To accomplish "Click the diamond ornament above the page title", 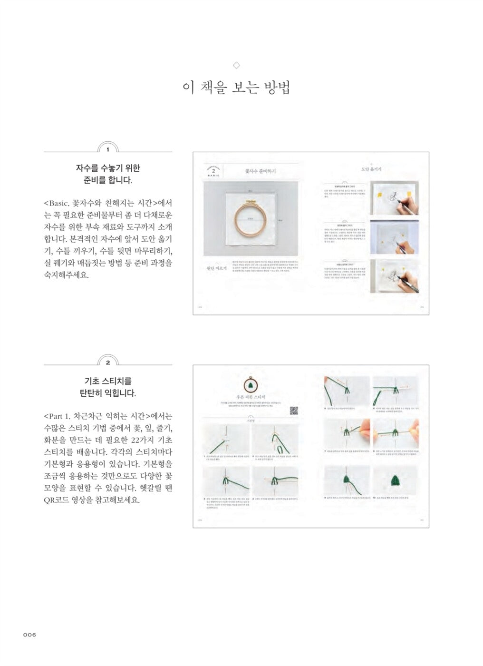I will (236, 65).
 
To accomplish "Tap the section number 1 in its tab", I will (108, 149).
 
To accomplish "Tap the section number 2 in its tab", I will (108, 362).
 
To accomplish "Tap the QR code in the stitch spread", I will (293, 411).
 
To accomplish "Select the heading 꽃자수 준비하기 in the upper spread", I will (260, 171).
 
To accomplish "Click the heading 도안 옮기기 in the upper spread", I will (371, 169).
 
